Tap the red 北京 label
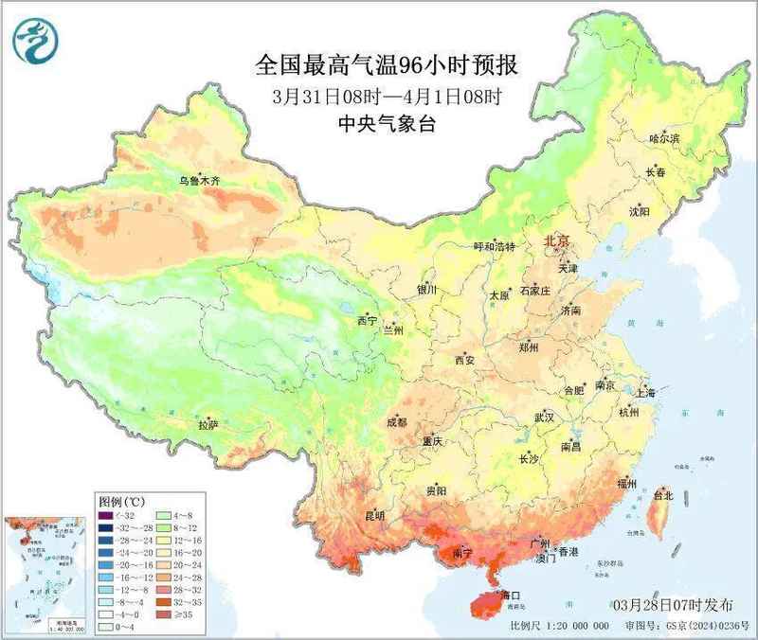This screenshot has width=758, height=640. click(556, 242)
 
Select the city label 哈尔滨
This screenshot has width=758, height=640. click(664, 138)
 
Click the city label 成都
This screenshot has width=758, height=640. click(397, 422)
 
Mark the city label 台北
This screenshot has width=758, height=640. click(662, 495)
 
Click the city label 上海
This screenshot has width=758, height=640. click(646, 391)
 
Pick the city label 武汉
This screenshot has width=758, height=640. click(543, 417)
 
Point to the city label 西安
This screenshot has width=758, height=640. click(463, 360)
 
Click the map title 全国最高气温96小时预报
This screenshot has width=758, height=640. click(387, 65)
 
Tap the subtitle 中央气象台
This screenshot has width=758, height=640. click(387, 123)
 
